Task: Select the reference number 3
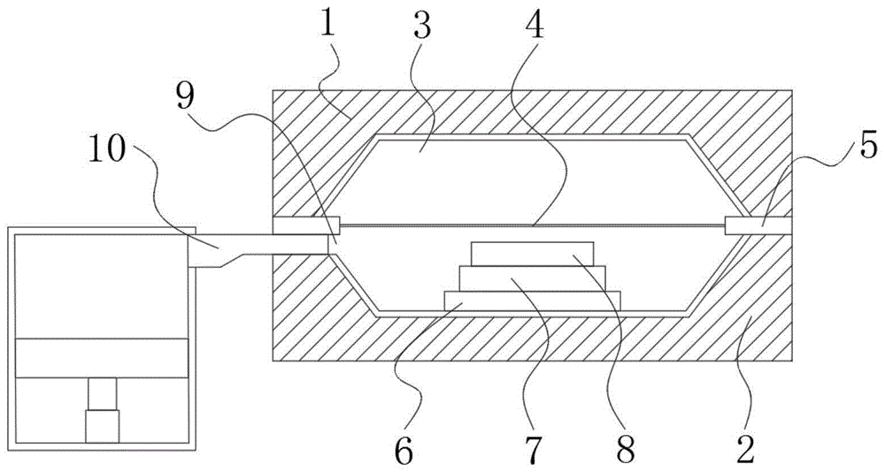421,27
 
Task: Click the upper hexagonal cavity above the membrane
531,177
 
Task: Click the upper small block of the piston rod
102,392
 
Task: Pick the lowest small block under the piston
102,427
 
